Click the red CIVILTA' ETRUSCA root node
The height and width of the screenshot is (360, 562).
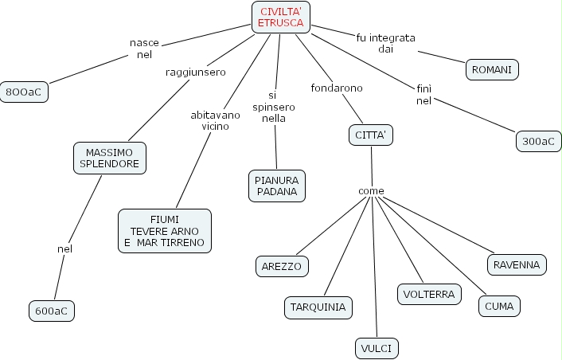(x=280, y=18)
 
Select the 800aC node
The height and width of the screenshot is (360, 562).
(x=24, y=92)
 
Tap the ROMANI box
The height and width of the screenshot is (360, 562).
(x=492, y=70)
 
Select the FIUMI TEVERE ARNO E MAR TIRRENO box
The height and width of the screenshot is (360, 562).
(x=165, y=231)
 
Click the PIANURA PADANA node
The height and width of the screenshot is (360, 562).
(x=276, y=186)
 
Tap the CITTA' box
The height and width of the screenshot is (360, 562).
(x=371, y=135)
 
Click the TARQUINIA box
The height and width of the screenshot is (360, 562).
(x=318, y=307)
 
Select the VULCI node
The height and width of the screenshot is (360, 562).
(x=376, y=348)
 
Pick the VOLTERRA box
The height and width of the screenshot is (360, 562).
(x=429, y=294)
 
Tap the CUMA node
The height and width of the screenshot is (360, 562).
(x=499, y=306)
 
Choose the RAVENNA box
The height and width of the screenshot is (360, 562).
(x=516, y=264)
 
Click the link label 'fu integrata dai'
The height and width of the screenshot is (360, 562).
(x=386, y=43)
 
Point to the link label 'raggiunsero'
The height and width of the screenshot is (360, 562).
(x=195, y=72)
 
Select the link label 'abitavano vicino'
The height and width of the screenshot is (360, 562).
(x=210, y=120)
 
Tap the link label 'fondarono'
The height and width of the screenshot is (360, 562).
(x=337, y=88)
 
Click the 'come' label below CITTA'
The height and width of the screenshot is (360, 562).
(x=371, y=191)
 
